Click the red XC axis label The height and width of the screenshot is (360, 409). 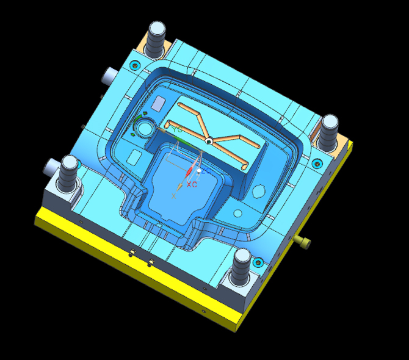click(x=192, y=184)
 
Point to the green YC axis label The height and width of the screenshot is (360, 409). click(x=176, y=131)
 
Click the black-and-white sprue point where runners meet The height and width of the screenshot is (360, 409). click(x=209, y=142)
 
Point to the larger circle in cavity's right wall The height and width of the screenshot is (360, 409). click(x=259, y=192)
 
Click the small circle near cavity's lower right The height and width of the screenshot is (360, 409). click(x=237, y=214)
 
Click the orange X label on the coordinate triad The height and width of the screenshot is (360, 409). click(x=174, y=196)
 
